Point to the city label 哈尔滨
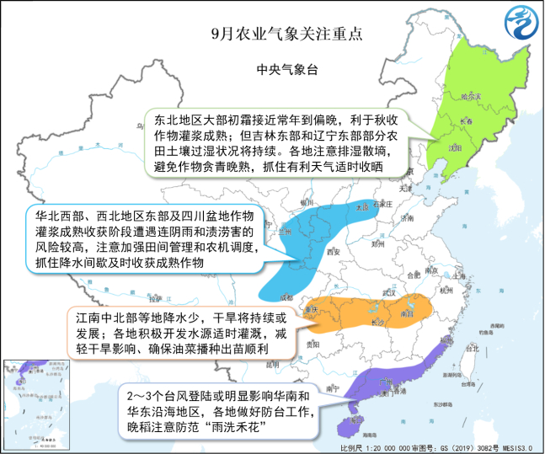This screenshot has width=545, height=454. (x=472, y=98)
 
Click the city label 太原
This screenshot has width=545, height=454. (x=362, y=206)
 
